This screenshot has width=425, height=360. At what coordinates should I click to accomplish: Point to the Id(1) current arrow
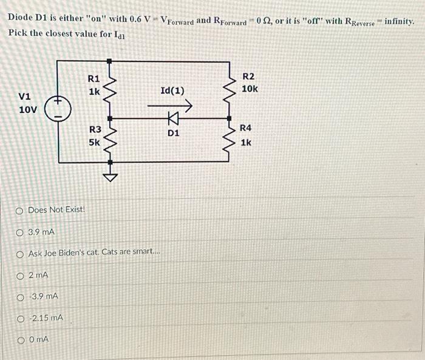pyautogui.click(x=177, y=106)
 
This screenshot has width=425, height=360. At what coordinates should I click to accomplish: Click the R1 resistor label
pyautogui.click(x=93, y=78)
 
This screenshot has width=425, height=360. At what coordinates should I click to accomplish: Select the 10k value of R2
pyautogui.click(x=250, y=89)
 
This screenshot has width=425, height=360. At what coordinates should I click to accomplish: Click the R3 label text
pyautogui.click(x=95, y=129)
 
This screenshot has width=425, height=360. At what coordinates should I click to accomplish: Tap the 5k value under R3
pyautogui.click(x=95, y=143)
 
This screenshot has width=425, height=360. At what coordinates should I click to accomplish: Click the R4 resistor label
pyautogui.click(x=245, y=128)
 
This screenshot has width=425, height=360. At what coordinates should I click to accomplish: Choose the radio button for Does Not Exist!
pyautogui.click(x=20, y=210)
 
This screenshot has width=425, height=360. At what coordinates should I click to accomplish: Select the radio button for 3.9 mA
pyautogui.click(x=20, y=231)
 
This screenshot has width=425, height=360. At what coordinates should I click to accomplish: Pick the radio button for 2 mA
pyautogui.click(x=20, y=276)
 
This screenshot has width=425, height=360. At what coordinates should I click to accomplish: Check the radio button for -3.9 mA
pyautogui.click(x=20, y=296)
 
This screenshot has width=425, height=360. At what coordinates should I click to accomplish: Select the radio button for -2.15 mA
pyautogui.click(x=20, y=318)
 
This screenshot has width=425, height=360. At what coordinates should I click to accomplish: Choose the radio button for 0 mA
pyautogui.click(x=20, y=339)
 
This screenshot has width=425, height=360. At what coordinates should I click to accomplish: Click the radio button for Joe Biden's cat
pyautogui.click(x=20, y=253)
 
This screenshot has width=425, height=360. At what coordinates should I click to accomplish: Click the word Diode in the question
pyautogui.click(x=21, y=19)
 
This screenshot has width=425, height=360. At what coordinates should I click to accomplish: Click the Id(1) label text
pyautogui.click(x=172, y=91)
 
